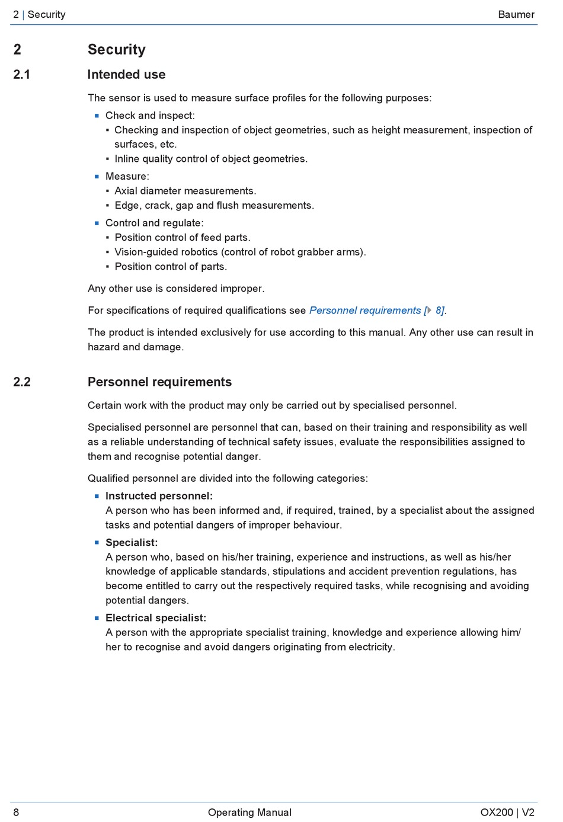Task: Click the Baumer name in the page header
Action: tap(516, 14)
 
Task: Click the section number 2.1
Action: tap(22, 75)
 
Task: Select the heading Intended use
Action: tap(126, 75)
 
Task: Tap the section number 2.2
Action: tap(22, 382)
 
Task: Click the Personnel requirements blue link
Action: tap(365, 311)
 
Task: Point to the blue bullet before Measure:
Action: tap(97, 177)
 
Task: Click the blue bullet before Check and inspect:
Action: tap(97, 116)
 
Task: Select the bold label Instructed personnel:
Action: tap(159, 496)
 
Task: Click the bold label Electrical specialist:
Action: tap(156, 618)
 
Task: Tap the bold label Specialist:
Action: tap(132, 543)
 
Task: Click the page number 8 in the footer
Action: tap(16, 813)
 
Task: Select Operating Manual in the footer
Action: tap(249, 813)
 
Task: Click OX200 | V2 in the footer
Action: tap(507, 813)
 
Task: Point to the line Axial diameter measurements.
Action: tap(185, 191)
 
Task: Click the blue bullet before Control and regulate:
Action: tap(97, 223)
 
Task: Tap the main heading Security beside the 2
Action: tap(117, 50)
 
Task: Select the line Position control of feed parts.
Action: tap(183, 238)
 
